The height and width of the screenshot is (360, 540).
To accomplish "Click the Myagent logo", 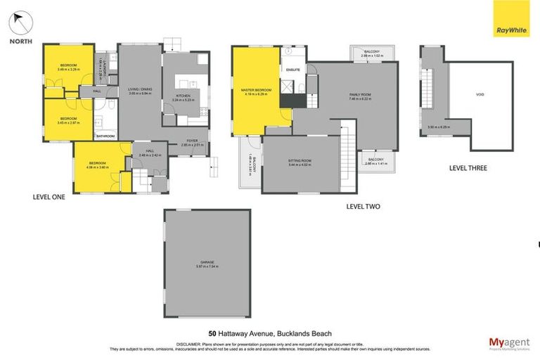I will pos(509,342).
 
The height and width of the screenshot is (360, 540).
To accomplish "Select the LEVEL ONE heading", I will pos(49,197).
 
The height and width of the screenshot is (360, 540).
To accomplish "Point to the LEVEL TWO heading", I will pos(364,206).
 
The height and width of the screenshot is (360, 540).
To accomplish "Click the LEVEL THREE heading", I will pos(468,168).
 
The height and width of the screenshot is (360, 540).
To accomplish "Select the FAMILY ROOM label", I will pos(360,94).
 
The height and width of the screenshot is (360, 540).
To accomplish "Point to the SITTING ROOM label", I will pos(300,161).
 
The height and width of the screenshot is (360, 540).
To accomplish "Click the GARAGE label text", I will pos(207,262).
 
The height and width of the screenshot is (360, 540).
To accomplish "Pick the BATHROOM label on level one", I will pos(105,136).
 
